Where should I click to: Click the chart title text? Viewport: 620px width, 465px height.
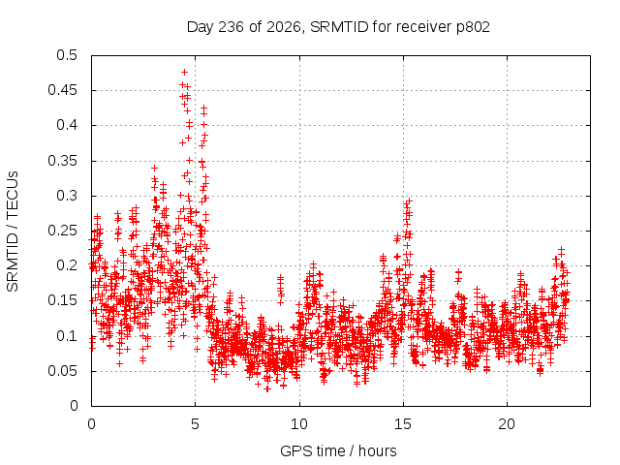click(x=338, y=27)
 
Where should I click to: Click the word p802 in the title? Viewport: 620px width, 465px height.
click(x=473, y=28)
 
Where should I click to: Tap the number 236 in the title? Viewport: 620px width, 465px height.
click(x=232, y=27)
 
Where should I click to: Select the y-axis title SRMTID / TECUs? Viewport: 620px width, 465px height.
click(x=13, y=232)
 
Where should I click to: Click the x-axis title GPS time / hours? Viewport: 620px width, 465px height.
click(x=338, y=450)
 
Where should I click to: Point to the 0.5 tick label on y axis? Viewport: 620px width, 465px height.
click(x=67, y=55)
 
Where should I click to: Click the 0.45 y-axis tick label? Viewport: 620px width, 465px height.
click(x=63, y=90)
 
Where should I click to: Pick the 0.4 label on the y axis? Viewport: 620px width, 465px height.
click(x=67, y=125)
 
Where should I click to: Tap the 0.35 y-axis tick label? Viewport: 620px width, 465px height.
click(x=63, y=161)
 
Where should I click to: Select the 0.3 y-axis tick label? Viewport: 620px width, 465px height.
click(x=67, y=196)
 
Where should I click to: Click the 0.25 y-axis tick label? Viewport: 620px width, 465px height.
click(x=63, y=231)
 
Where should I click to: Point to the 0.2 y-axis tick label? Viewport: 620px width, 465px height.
click(x=67, y=265)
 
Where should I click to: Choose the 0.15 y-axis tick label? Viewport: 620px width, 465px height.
click(x=63, y=300)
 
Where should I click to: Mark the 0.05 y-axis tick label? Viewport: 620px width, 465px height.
click(x=63, y=371)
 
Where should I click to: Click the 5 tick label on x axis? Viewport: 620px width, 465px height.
click(x=196, y=424)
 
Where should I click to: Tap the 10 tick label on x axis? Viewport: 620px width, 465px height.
click(x=299, y=424)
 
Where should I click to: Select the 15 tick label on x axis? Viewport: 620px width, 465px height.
click(x=403, y=424)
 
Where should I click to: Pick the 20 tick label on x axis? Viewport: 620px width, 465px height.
click(x=507, y=424)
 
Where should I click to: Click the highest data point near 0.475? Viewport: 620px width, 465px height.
click(x=184, y=72)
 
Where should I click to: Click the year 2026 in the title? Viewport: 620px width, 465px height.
click(x=284, y=27)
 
